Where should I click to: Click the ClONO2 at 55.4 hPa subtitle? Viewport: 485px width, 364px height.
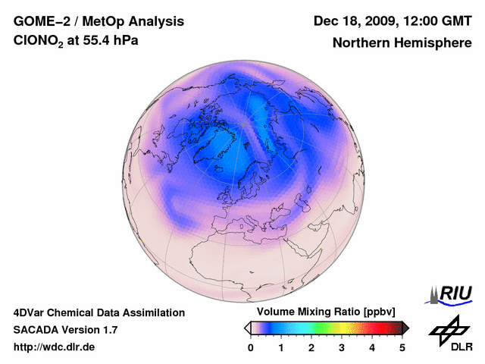coord(76,42)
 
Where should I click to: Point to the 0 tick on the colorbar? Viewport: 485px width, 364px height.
coord(251,347)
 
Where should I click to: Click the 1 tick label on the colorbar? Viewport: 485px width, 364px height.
coord(281,347)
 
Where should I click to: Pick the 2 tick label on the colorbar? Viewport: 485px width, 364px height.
coord(311,347)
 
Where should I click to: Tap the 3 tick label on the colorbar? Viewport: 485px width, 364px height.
coord(342,347)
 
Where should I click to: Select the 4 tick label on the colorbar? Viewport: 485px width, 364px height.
coord(372,347)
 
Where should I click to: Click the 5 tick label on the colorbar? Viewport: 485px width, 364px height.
coord(402,347)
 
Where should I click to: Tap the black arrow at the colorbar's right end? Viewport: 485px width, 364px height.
coord(405,328)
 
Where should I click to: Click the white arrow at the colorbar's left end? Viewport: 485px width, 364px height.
coord(247,328)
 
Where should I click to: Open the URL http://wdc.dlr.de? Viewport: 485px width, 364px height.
coord(55,347)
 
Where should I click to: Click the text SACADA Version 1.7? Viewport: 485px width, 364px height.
coord(65,330)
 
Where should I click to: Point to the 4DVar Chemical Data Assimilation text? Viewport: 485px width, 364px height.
coord(99,312)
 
